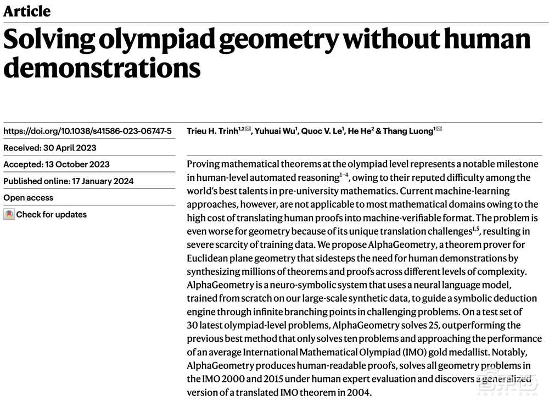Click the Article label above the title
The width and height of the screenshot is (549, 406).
click(x=27, y=11)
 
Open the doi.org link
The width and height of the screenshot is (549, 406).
click(x=87, y=131)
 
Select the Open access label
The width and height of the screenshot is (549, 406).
click(x=29, y=198)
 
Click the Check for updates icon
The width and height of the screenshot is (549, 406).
click(x=9, y=215)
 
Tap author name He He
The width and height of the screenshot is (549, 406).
click(x=360, y=131)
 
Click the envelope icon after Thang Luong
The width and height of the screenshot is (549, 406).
click(x=439, y=130)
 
